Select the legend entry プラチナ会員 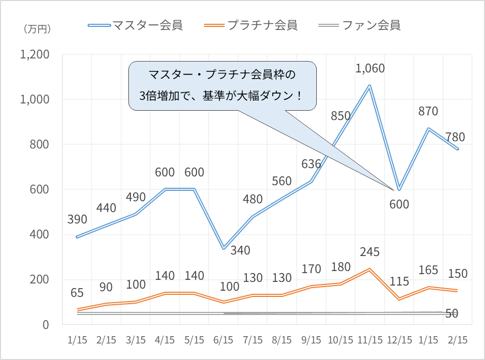pos(262,25)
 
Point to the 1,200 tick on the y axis pos(34,55)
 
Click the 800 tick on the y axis pos(39,145)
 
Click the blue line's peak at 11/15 pos(370,85)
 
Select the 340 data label pos(240,250)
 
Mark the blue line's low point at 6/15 pos(224,249)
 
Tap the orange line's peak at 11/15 pos(370,269)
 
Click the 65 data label pos(77,293)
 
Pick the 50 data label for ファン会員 pos(452,313)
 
